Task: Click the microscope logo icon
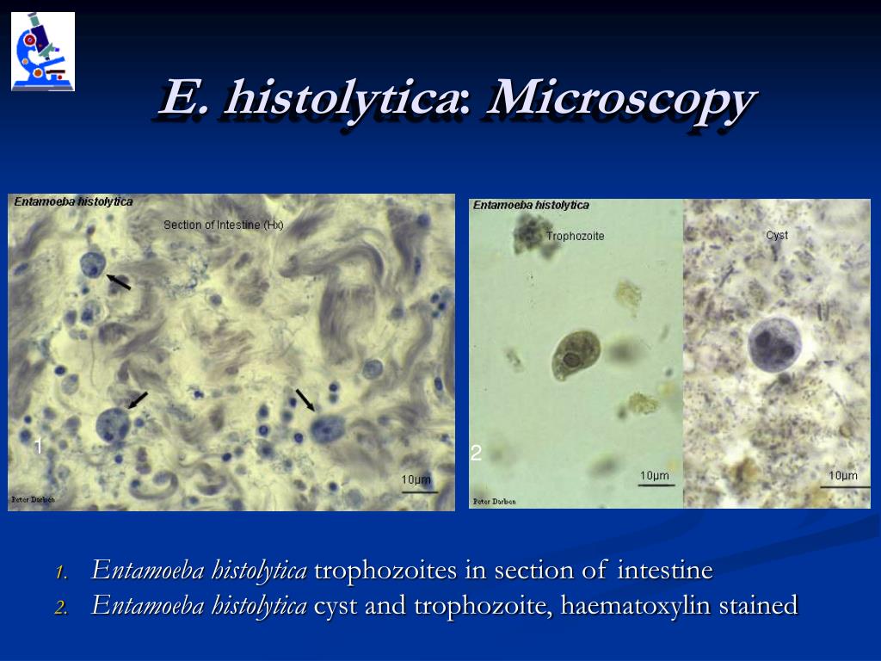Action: click(x=43, y=52)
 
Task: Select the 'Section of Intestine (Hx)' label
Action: click(x=223, y=225)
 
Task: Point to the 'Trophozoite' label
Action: click(x=575, y=236)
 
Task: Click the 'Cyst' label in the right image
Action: click(x=777, y=235)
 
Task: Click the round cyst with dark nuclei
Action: click(x=775, y=345)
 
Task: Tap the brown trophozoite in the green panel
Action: click(x=576, y=355)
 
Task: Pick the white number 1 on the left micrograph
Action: click(x=38, y=447)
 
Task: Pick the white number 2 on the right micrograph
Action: click(x=476, y=453)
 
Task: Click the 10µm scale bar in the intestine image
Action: click(x=419, y=493)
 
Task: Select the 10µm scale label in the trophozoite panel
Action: click(x=655, y=475)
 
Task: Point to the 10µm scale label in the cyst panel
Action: click(x=843, y=475)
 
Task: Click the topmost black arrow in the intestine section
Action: click(x=118, y=281)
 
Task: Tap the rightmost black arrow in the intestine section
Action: click(x=305, y=400)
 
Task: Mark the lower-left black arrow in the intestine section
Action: click(x=138, y=400)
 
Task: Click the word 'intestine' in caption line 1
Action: click(x=665, y=570)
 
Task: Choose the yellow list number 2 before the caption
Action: click(x=61, y=608)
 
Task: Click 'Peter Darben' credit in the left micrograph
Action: click(x=34, y=499)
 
